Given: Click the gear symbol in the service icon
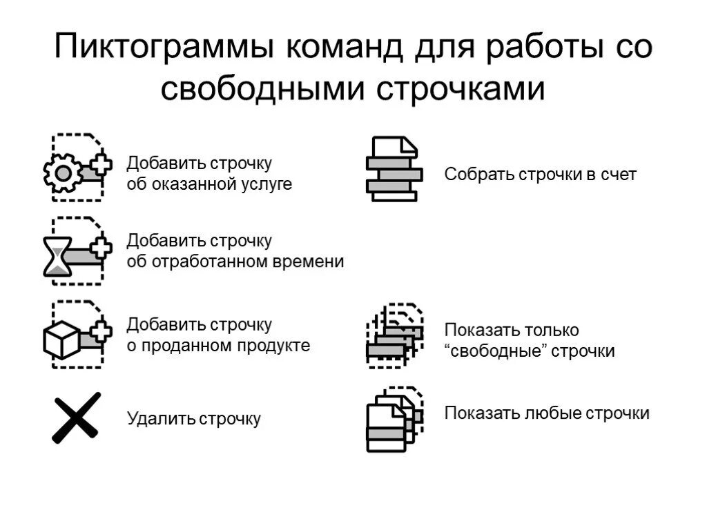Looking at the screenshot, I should tap(63, 173).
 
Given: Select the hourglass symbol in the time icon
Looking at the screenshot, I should tap(57, 257).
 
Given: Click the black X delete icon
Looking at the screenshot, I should tap(76, 418).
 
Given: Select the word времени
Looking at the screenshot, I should tap(310, 262).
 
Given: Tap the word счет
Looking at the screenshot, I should tap(619, 174).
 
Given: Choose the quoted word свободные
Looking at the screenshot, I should tap(496, 351).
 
